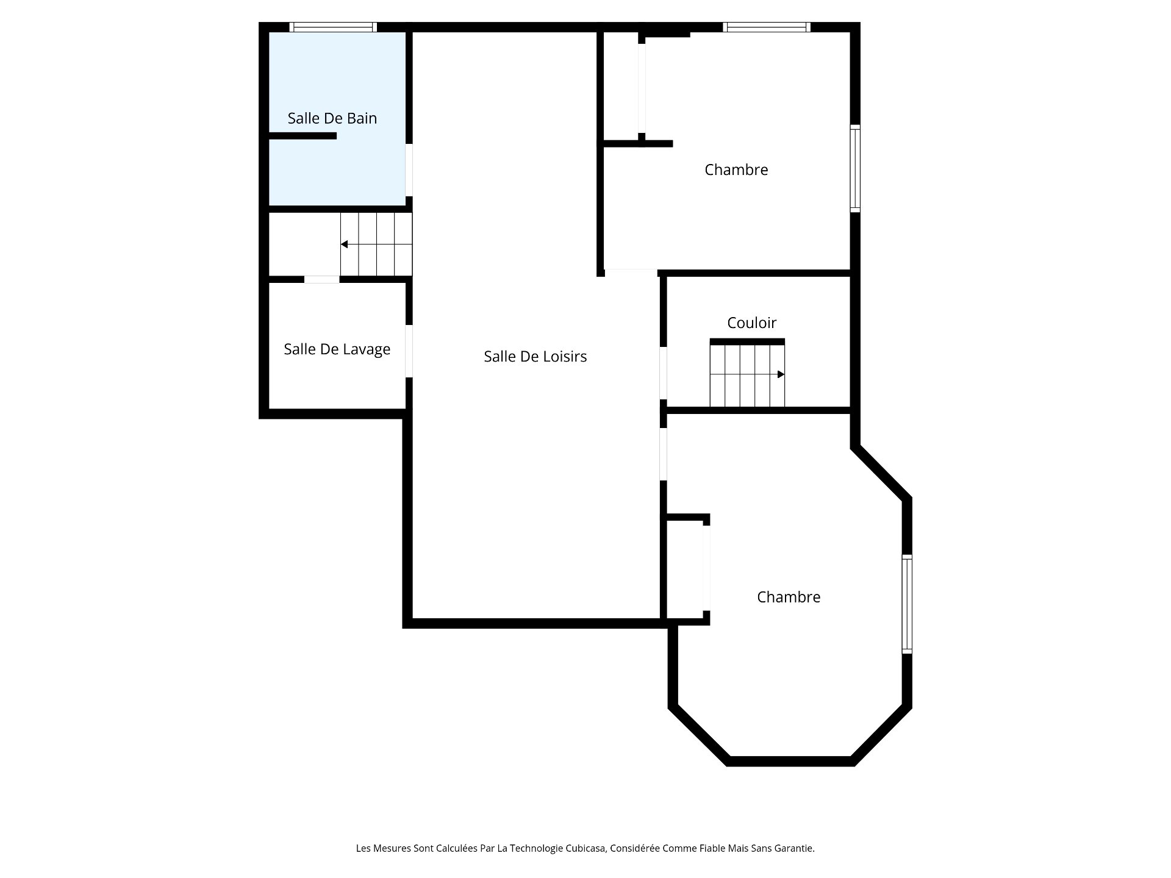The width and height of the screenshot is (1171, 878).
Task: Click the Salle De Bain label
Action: coord(332,118)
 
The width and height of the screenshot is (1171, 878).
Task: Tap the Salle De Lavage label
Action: coord(337,349)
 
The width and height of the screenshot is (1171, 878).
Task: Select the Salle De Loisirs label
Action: coord(535,357)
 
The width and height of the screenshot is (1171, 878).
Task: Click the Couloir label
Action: coord(752,323)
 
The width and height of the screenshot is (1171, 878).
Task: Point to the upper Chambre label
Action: coord(736,170)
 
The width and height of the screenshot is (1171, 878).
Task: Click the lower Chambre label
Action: coord(789,597)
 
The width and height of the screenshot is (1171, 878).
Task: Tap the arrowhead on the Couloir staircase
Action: coord(781,374)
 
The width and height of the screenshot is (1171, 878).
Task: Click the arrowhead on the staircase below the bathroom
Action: coord(344,244)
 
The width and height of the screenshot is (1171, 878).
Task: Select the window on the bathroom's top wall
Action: coord(333,27)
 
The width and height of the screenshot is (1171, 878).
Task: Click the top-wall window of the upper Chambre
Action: coord(767,27)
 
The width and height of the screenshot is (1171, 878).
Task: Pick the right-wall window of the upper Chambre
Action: coord(855,169)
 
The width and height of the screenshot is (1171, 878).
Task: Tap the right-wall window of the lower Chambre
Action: coord(907,605)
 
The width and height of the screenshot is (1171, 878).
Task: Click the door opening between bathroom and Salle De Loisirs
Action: coord(409,170)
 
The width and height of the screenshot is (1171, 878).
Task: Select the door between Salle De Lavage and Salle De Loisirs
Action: coord(409,351)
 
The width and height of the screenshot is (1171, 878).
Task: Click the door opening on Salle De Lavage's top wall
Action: coord(322,279)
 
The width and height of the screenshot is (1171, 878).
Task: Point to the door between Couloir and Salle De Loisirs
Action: coord(664,373)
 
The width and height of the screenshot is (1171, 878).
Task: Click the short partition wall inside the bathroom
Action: coord(303,136)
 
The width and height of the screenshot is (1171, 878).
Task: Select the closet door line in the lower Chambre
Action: coord(706,568)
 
